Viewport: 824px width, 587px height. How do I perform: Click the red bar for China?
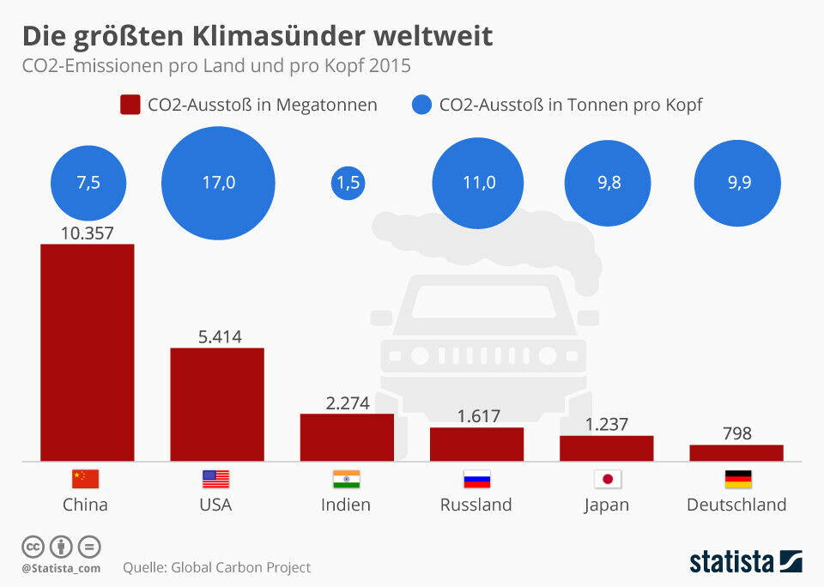click(x=88, y=352)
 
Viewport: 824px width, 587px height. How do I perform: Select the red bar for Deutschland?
click(x=736, y=452)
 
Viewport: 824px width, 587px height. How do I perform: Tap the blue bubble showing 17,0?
click(x=218, y=183)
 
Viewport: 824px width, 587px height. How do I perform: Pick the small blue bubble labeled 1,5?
click(x=348, y=183)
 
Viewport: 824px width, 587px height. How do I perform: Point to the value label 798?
click(x=736, y=433)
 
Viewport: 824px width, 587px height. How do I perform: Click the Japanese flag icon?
click(x=607, y=479)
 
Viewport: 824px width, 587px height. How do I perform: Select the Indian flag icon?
click(x=346, y=479)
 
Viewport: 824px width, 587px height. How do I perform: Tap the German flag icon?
click(x=737, y=479)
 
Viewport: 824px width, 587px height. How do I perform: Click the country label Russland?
click(x=476, y=505)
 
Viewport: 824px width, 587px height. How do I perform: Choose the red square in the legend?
click(x=130, y=105)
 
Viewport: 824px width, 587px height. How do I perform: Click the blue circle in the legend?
click(x=421, y=105)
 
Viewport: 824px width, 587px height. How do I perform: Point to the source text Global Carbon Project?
click(x=241, y=567)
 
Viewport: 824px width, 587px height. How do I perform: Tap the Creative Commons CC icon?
click(x=33, y=547)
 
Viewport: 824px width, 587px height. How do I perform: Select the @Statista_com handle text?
click(x=61, y=568)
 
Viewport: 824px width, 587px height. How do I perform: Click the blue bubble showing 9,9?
click(x=736, y=183)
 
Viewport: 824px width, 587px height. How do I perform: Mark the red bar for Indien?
click(x=347, y=437)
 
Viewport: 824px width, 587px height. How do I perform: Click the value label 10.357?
click(x=88, y=233)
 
